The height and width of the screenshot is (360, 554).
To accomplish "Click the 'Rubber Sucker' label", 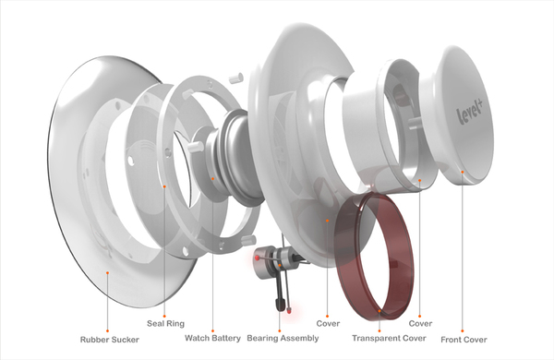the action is click(x=110, y=340).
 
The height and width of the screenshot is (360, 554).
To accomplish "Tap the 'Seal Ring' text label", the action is click(x=165, y=324).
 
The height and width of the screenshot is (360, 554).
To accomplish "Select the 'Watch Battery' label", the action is click(x=212, y=338).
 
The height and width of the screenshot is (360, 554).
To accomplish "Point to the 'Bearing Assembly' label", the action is click(x=283, y=338).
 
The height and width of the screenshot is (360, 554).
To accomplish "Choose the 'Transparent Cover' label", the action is click(x=389, y=338).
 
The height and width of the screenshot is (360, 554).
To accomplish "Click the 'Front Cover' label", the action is click(x=464, y=340).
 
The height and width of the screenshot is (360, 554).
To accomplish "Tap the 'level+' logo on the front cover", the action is click(x=470, y=111).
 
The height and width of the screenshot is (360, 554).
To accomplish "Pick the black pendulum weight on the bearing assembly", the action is click(x=281, y=303).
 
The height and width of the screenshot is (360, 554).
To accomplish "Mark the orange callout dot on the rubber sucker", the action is click(x=107, y=272).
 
